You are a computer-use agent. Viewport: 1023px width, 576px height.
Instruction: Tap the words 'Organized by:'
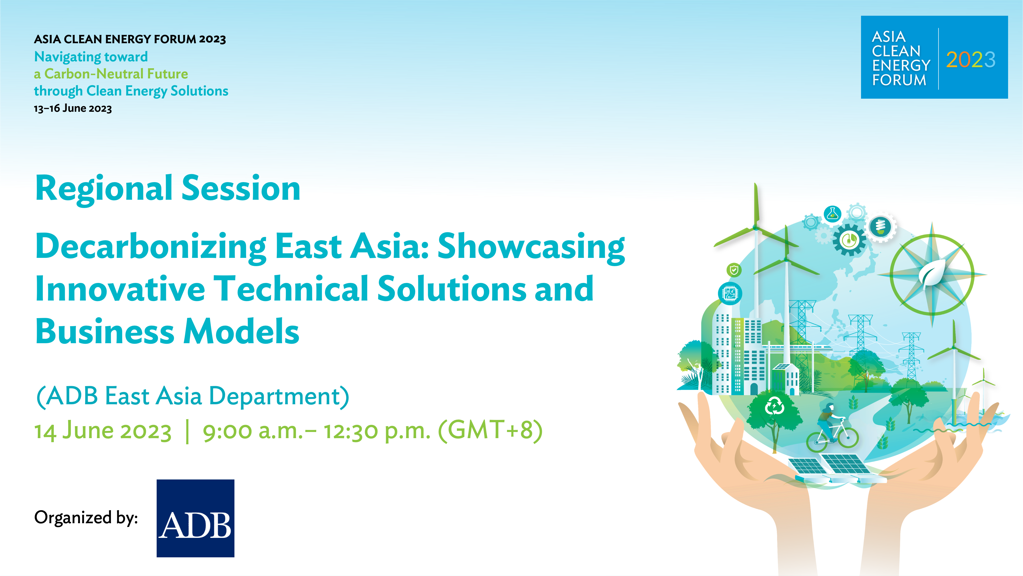coord(86,518)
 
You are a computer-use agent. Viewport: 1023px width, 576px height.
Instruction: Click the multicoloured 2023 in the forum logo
coord(971,60)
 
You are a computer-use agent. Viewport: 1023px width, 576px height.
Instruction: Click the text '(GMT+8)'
coord(490,430)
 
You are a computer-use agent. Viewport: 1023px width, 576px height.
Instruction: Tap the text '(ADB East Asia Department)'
coord(193,396)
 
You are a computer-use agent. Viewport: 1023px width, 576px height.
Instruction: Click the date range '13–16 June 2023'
coord(73,108)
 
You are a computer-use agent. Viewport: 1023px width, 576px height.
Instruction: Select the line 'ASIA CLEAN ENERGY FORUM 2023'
coord(130,39)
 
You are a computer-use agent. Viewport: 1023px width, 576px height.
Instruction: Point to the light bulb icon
coord(880,227)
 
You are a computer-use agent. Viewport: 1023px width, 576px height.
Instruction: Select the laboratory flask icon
coord(832,214)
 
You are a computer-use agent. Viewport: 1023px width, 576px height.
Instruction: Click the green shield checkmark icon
coord(734,270)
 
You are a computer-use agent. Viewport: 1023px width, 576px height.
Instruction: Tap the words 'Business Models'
coord(168,331)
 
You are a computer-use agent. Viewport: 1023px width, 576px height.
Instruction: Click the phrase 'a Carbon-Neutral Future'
coord(111,74)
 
